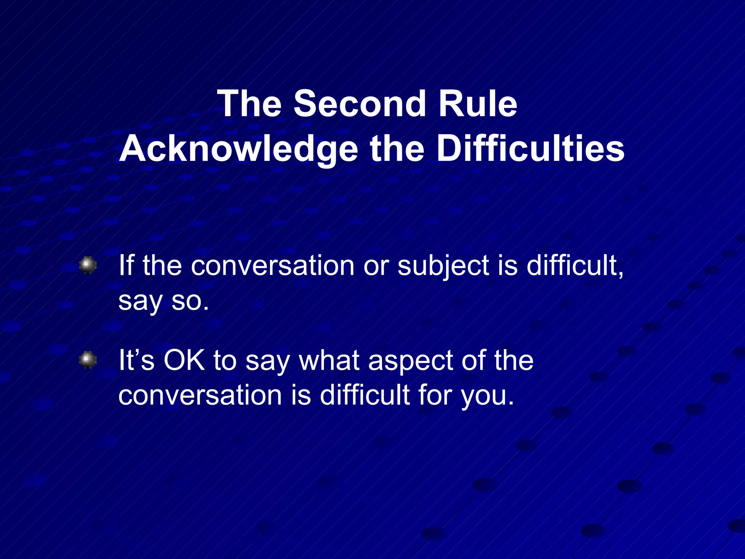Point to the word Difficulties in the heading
[x=530, y=148]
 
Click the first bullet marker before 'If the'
[x=88, y=265]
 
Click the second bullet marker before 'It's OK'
[x=88, y=360]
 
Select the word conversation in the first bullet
[x=272, y=266]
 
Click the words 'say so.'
[x=164, y=301]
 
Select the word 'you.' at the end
[x=487, y=396]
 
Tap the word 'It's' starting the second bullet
[x=136, y=360]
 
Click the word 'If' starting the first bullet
[x=127, y=265]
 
